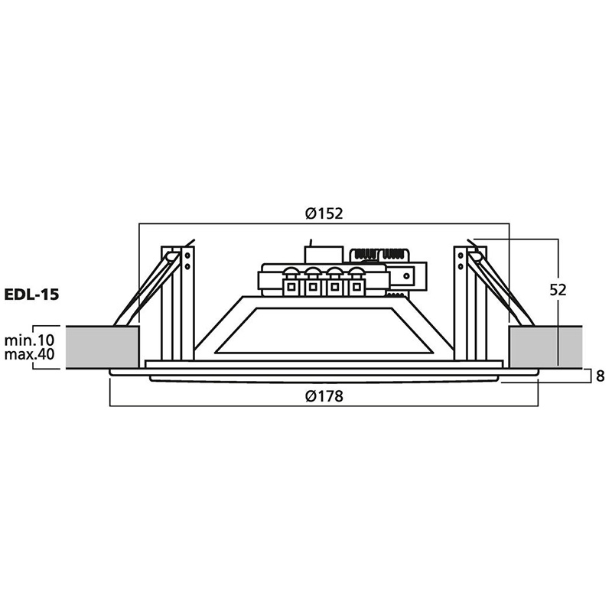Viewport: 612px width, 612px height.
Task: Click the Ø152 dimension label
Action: (324, 213)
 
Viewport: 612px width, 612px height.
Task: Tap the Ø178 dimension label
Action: (324, 396)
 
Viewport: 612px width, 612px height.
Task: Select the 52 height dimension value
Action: (558, 290)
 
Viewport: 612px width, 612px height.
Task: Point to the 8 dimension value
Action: (601, 376)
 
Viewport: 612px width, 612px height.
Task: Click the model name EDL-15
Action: (31, 295)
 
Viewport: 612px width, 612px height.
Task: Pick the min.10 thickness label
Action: (29, 340)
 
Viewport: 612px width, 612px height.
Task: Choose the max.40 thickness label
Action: (29, 354)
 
